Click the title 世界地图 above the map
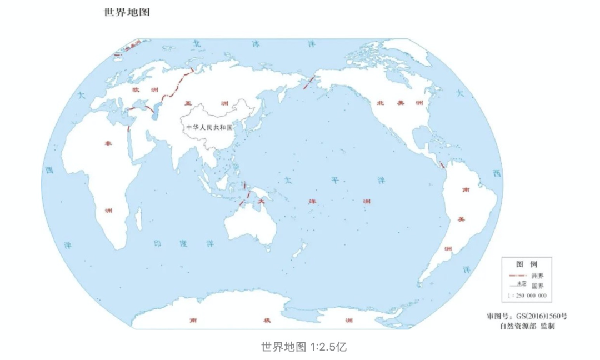pos(127,12)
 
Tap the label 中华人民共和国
pos(209,127)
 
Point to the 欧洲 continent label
pos(144,89)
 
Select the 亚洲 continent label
pos(208,103)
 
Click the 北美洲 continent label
pos(400,103)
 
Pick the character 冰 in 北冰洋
pos(256,43)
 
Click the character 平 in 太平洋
pos(335,181)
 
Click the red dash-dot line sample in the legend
pos(517,275)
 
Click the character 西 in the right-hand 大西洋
pos(496,173)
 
